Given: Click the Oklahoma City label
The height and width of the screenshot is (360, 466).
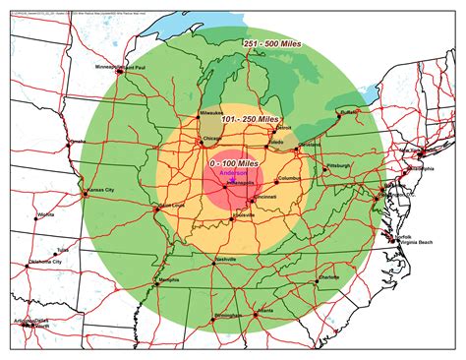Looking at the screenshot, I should pos(45,263).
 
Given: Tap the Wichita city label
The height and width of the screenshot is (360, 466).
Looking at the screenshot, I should pos(47,213).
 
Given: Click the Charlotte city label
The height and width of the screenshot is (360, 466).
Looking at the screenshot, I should pos(329,278).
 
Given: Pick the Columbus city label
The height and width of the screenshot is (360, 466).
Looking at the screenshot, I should pos(291,178).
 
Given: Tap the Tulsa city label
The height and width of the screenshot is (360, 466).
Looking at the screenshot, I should pos(65,250).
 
